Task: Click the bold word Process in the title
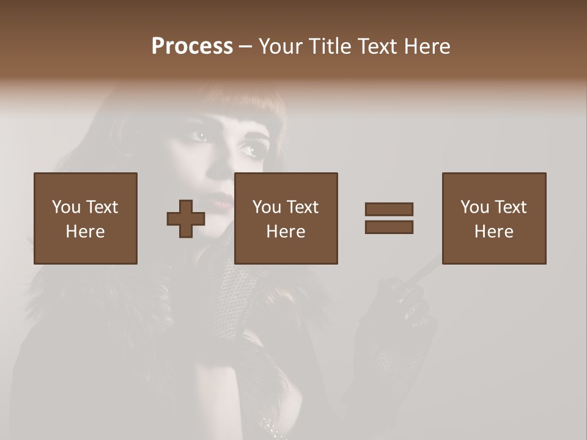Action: [x=192, y=46]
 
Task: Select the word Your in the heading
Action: [x=281, y=46]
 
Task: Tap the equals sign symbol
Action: [x=389, y=218]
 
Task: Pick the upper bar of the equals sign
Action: [x=389, y=210]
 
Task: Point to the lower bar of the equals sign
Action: [x=389, y=227]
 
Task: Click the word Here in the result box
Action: [x=494, y=232]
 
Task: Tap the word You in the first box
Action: [x=65, y=207]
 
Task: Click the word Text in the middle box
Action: [x=303, y=207]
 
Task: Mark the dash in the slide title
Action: [x=245, y=47]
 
